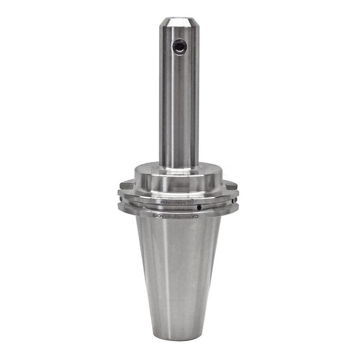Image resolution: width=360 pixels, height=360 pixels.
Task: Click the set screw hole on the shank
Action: click(x=179, y=47)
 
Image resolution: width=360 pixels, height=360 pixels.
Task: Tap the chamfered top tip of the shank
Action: click(x=179, y=21)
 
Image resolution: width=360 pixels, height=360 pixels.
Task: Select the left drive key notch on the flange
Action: click(x=125, y=186)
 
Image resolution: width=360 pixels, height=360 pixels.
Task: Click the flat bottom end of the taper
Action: click(x=179, y=337)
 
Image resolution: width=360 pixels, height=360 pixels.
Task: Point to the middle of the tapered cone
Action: click(x=179, y=274)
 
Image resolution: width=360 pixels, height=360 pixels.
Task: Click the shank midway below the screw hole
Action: click(x=179, y=108)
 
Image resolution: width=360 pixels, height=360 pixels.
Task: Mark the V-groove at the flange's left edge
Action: click(x=120, y=202)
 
